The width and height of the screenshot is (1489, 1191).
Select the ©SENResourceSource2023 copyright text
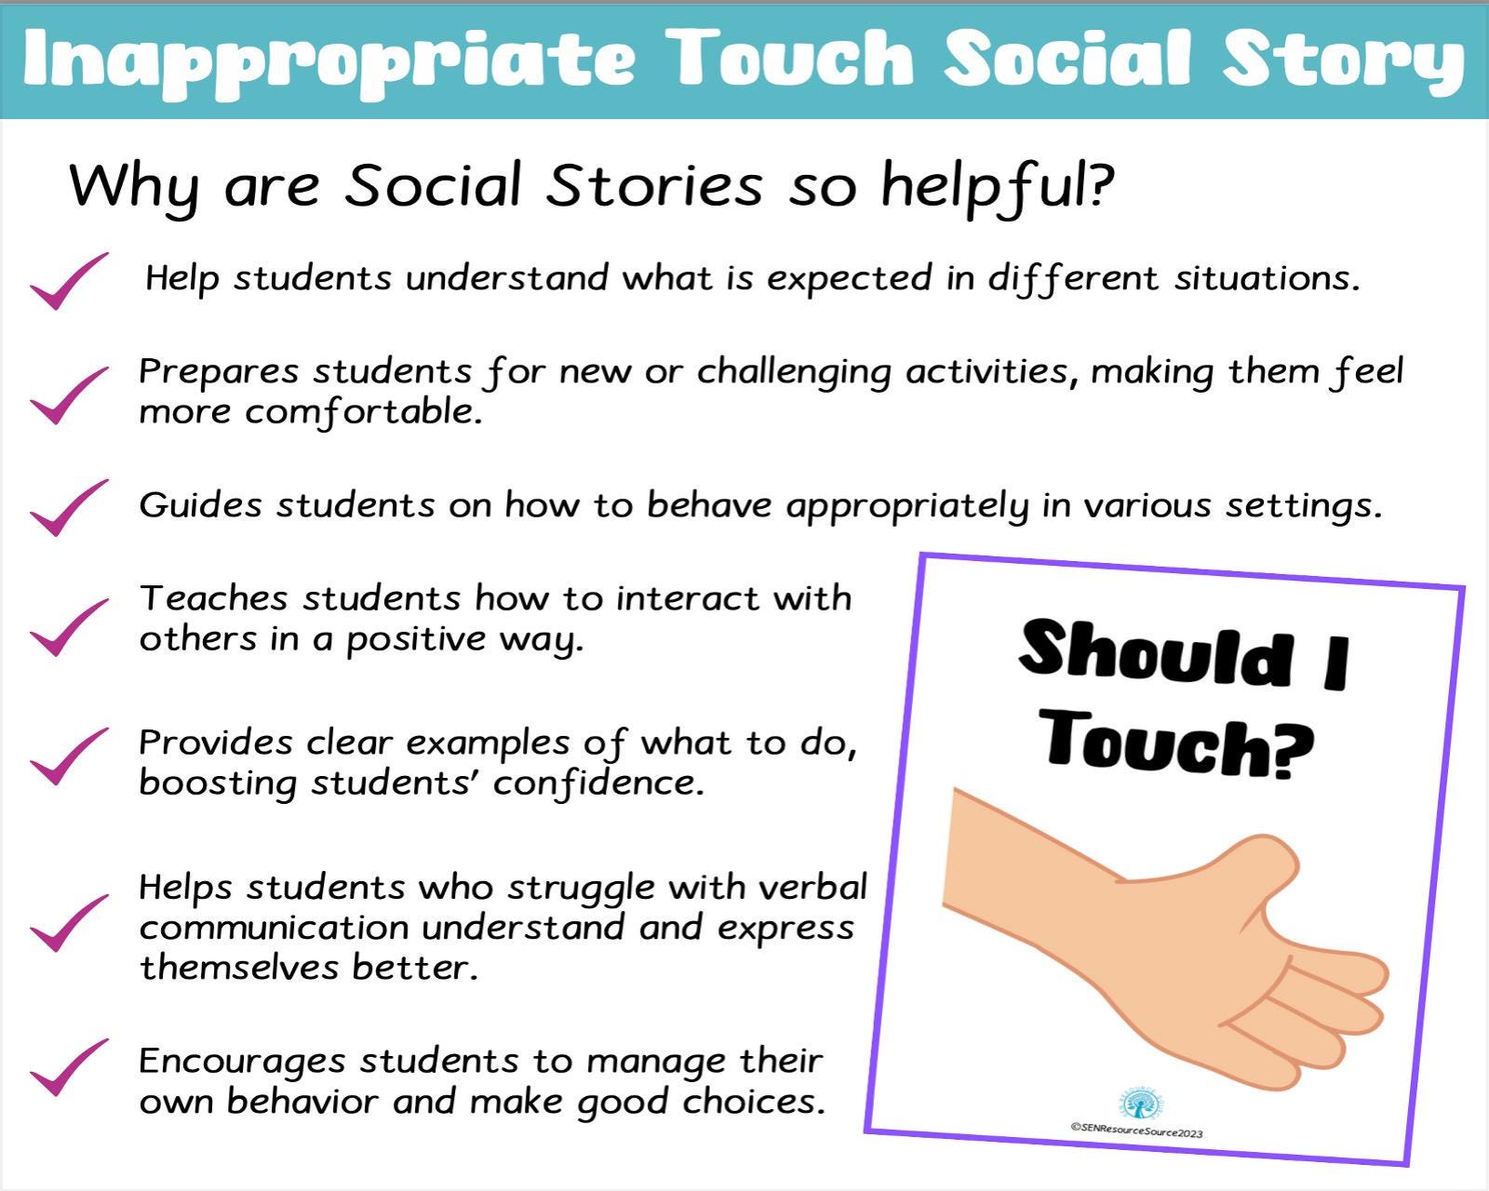pos(1136,1131)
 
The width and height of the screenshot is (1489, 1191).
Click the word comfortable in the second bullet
pos(363,412)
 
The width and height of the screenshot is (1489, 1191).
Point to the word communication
pos(275,928)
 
